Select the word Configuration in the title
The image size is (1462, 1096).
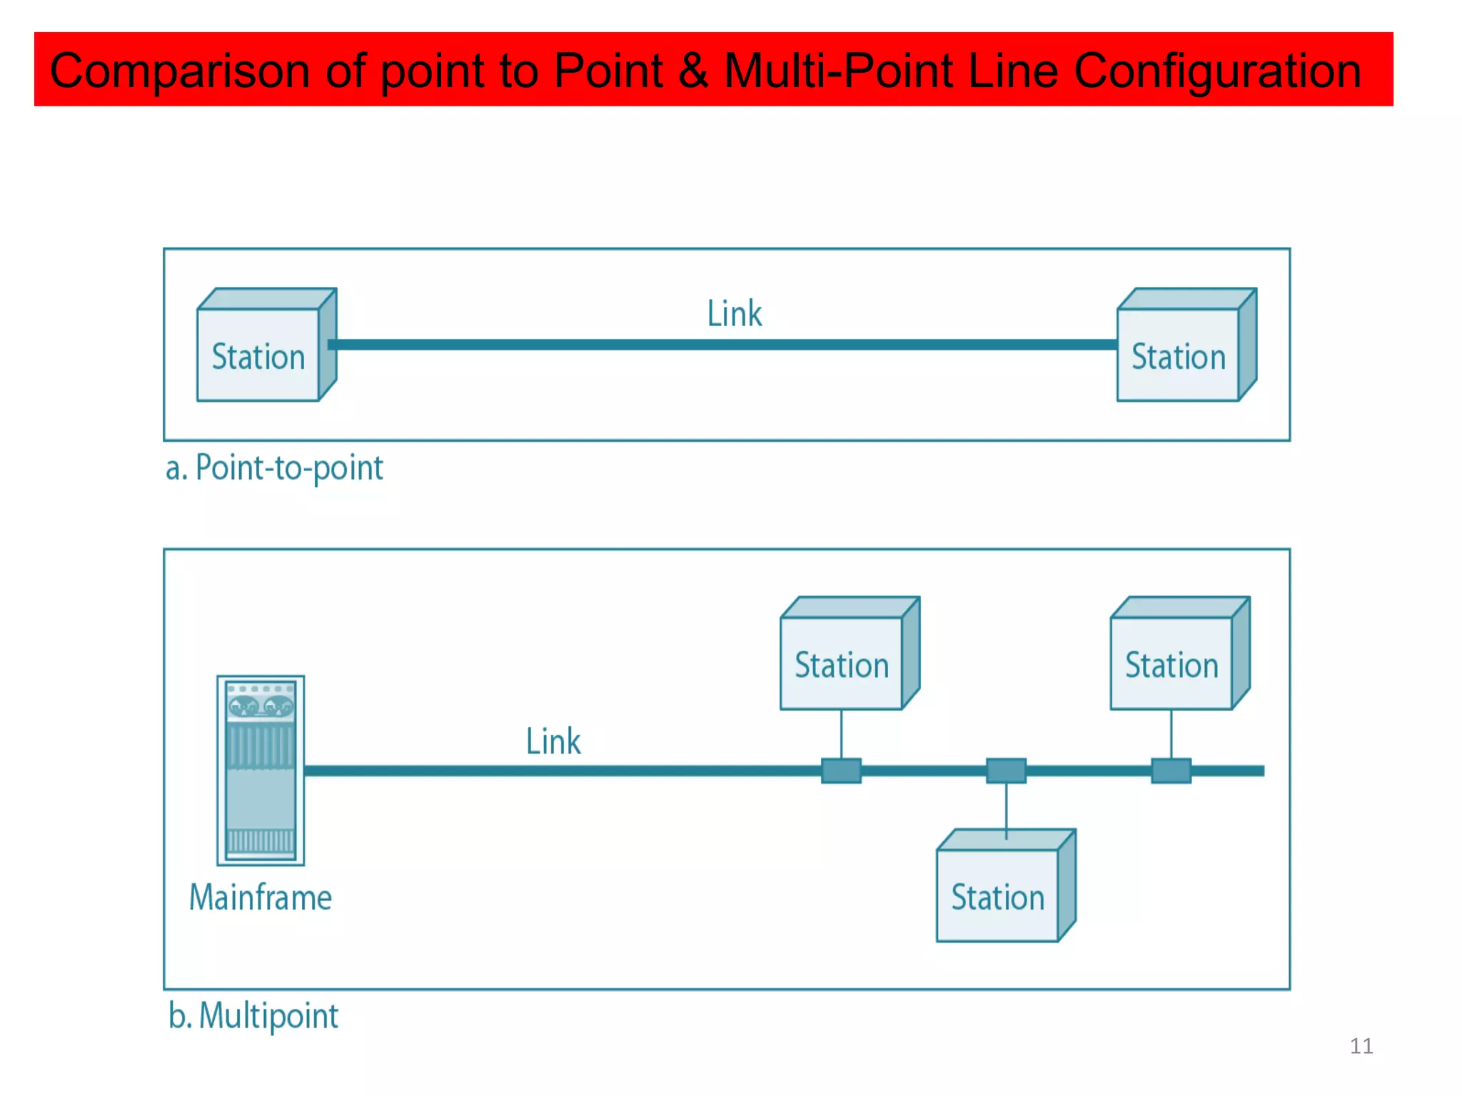click(1217, 71)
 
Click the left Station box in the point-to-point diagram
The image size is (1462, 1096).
click(258, 355)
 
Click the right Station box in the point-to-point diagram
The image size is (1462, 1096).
click(1178, 355)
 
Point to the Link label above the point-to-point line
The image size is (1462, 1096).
click(734, 314)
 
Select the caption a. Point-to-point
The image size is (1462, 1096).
click(274, 468)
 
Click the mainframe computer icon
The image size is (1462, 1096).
click(261, 771)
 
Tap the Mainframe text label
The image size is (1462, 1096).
click(261, 897)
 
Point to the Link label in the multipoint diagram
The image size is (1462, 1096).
click(553, 741)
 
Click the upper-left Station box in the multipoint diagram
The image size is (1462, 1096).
click(842, 663)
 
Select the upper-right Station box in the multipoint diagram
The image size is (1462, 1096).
click(1171, 663)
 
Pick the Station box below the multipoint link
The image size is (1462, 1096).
click(998, 895)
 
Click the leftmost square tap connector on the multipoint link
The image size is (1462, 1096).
click(841, 771)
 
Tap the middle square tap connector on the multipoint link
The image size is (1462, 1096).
click(1006, 771)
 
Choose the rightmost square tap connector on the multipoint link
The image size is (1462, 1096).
click(1171, 771)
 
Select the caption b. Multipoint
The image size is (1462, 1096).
click(253, 1015)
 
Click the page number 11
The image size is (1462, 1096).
click(1361, 1046)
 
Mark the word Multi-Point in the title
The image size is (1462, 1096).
click(838, 71)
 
